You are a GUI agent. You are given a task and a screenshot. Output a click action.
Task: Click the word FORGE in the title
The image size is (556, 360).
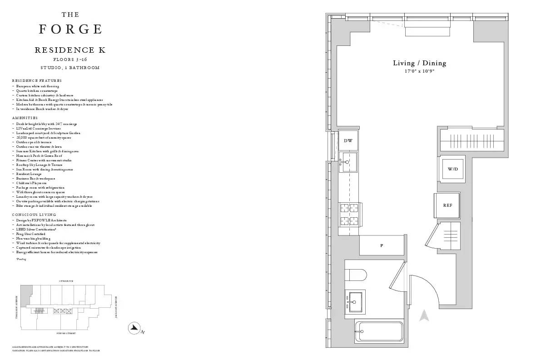[x=70, y=30]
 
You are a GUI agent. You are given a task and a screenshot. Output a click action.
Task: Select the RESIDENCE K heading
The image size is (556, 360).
[x=70, y=50]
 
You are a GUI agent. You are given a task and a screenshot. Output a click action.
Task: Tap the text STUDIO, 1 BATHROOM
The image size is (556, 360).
[x=70, y=68]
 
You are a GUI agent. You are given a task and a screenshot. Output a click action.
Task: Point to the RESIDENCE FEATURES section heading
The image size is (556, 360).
[x=37, y=80]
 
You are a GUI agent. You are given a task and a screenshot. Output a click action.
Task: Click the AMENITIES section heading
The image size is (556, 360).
[x=25, y=118]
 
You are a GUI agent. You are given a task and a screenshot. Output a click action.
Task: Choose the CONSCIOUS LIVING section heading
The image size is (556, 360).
[x=34, y=215]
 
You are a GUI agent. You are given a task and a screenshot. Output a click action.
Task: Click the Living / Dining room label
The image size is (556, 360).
[x=419, y=63]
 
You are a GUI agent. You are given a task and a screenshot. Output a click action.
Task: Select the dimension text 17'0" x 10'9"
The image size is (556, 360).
[x=419, y=71]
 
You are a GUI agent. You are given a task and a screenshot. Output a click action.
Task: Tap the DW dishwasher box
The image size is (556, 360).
[x=348, y=141]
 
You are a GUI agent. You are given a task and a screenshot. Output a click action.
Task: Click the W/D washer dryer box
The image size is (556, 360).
[x=453, y=169]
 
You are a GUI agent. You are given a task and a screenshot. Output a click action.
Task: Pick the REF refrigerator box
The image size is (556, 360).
[x=447, y=205]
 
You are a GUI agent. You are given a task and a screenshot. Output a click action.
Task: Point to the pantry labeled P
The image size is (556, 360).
[x=382, y=246]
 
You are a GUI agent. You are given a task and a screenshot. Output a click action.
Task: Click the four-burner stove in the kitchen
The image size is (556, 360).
[x=349, y=215]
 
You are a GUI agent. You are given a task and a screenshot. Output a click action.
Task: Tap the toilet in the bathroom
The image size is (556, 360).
[x=356, y=276]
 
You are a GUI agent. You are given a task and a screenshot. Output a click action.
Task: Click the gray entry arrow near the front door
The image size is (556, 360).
[x=424, y=315]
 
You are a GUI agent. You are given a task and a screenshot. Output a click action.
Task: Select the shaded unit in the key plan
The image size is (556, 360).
[x=26, y=292]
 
